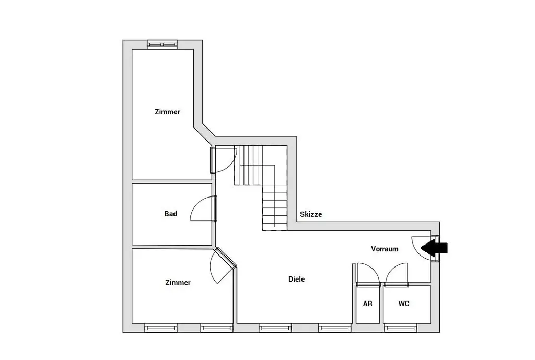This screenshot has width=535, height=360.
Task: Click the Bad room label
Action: click(x=171, y=214)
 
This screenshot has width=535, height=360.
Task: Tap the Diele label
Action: click(x=297, y=280)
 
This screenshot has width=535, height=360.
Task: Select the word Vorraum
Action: click(x=385, y=249)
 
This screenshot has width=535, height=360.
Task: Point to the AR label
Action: click(x=368, y=304)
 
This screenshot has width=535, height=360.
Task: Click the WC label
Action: click(x=404, y=304)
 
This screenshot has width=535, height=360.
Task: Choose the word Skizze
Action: click(x=311, y=214)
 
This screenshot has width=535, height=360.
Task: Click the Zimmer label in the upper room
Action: click(x=167, y=112)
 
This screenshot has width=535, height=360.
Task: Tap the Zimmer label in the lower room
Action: click(x=178, y=283)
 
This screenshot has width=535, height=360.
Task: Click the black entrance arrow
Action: click(x=432, y=248)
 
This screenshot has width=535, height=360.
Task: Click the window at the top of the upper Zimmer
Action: click(x=162, y=44)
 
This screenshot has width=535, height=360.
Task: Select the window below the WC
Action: click(x=401, y=328)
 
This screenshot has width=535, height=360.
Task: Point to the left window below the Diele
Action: click(x=275, y=328)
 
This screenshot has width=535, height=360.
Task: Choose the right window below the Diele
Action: click(x=335, y=328)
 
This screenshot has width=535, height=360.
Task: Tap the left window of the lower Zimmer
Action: click(x=161, y=328)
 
